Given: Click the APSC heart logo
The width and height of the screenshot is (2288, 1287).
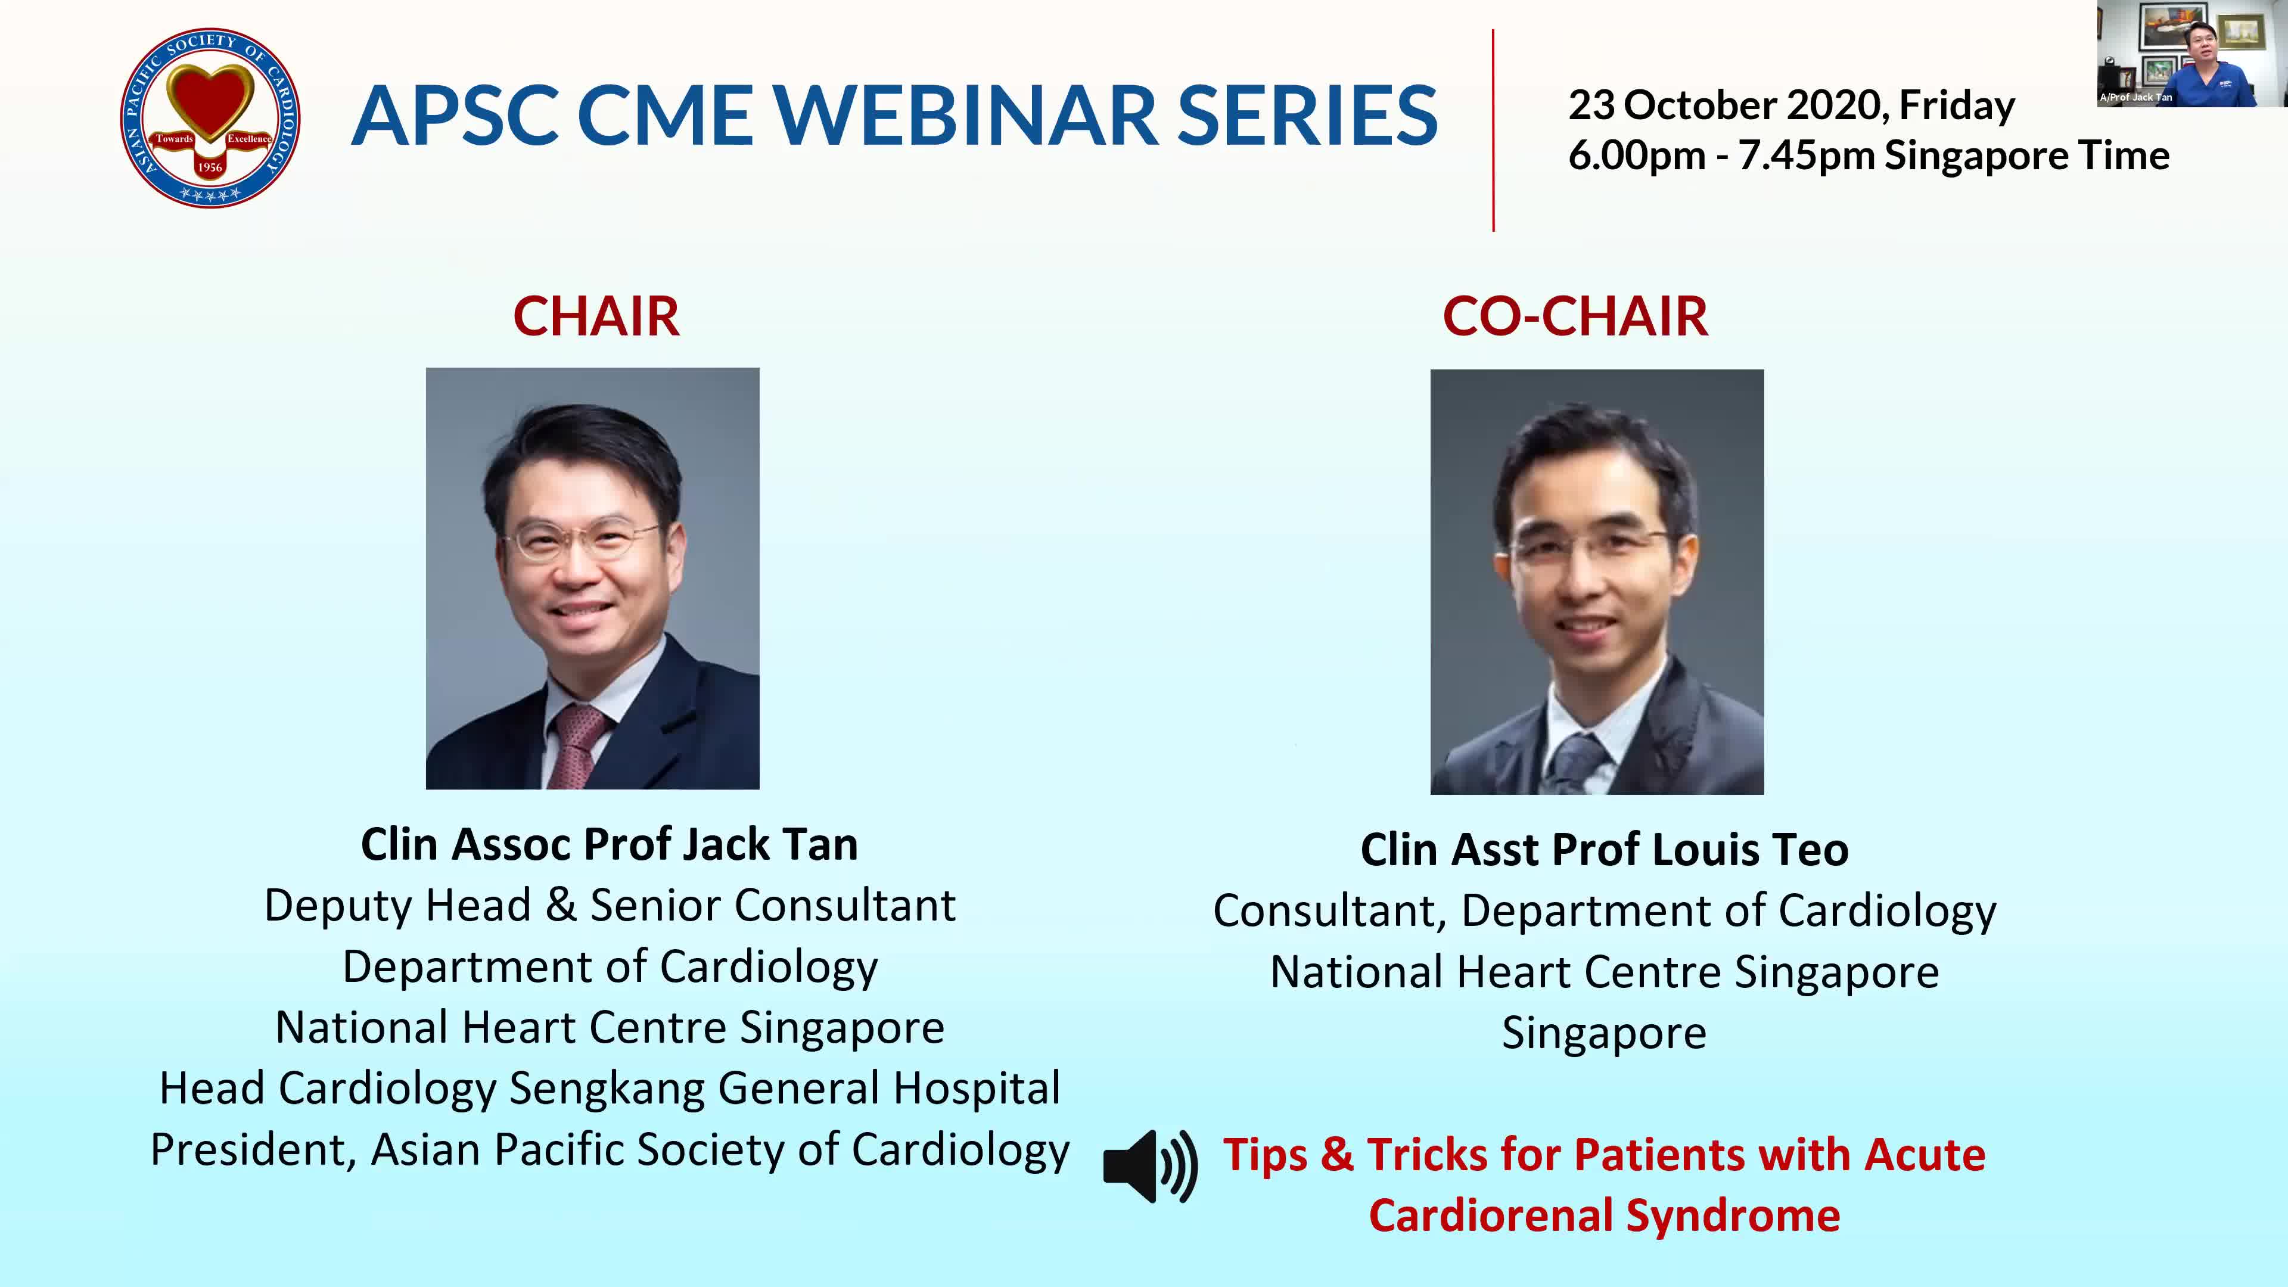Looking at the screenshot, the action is pyautogui.click(x=210, y=117).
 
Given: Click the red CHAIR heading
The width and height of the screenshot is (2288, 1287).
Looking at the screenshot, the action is pyautogui.click(x=596, y=316).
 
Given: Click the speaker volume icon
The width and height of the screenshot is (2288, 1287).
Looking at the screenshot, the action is pyautogui.click(x=1150, y=1166).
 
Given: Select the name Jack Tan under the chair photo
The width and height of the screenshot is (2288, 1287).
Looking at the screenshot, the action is pyautogui.click(x=770, y=844).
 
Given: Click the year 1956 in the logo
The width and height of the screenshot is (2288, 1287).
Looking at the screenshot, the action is pyautogui.click(x=210, y=167).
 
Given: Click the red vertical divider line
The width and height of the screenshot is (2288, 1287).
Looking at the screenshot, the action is pyautogui.click(x=1493, y=130).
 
